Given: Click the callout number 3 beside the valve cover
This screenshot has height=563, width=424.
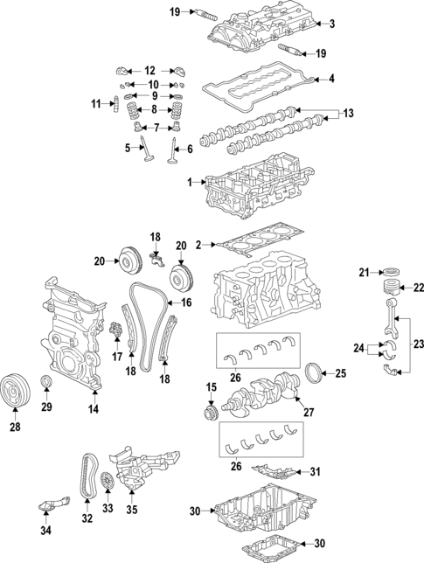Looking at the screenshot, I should tap(331, 23).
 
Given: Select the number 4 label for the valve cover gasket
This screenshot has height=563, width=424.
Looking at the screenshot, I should tap(331, 80).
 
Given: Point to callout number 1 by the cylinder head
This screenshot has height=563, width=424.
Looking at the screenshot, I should tap(189, 182).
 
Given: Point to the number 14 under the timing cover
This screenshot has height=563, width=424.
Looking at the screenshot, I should tap(94, 408).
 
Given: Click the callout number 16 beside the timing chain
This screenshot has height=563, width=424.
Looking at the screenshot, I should tap(185, 302).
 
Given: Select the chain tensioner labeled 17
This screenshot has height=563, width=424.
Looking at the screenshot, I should tap(115, 332).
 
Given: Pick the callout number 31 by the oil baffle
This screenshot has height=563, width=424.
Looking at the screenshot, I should tap(316, 473).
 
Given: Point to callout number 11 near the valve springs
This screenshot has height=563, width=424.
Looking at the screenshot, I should tap(96, 105).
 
